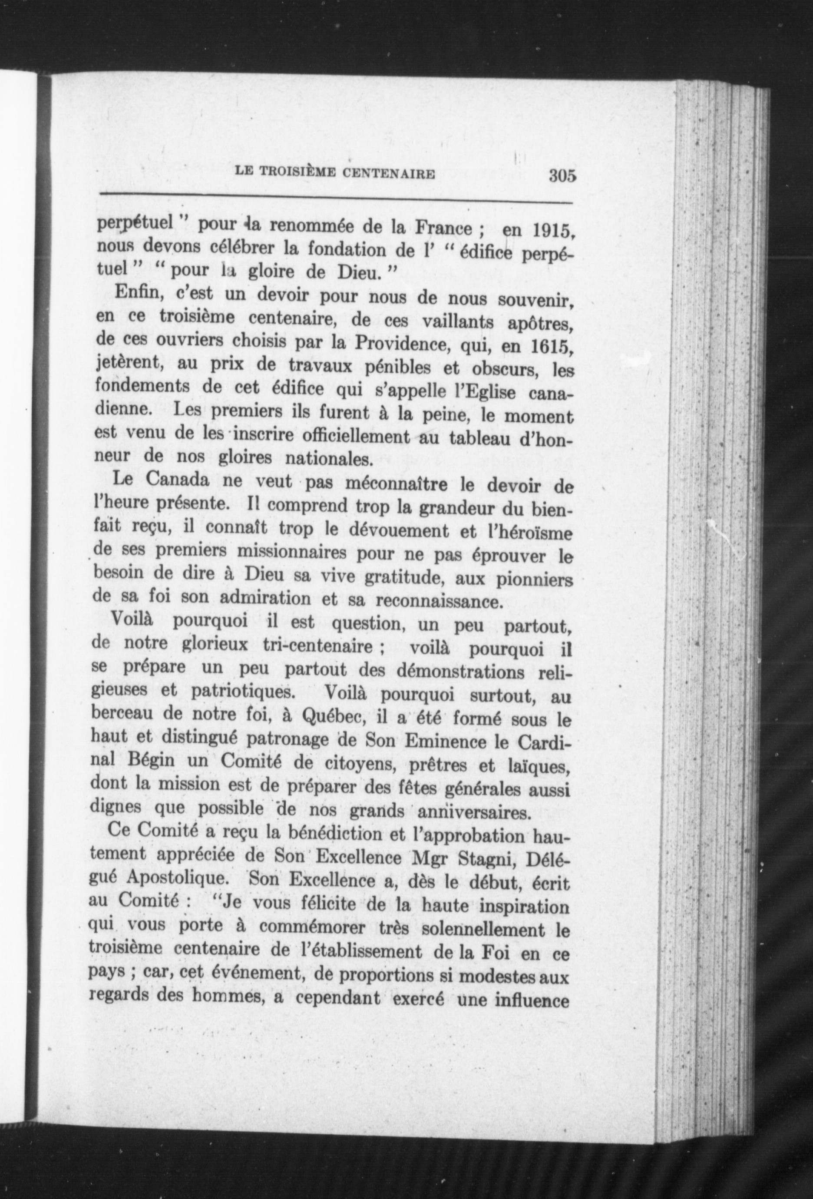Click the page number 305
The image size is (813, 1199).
click(562, 176)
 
